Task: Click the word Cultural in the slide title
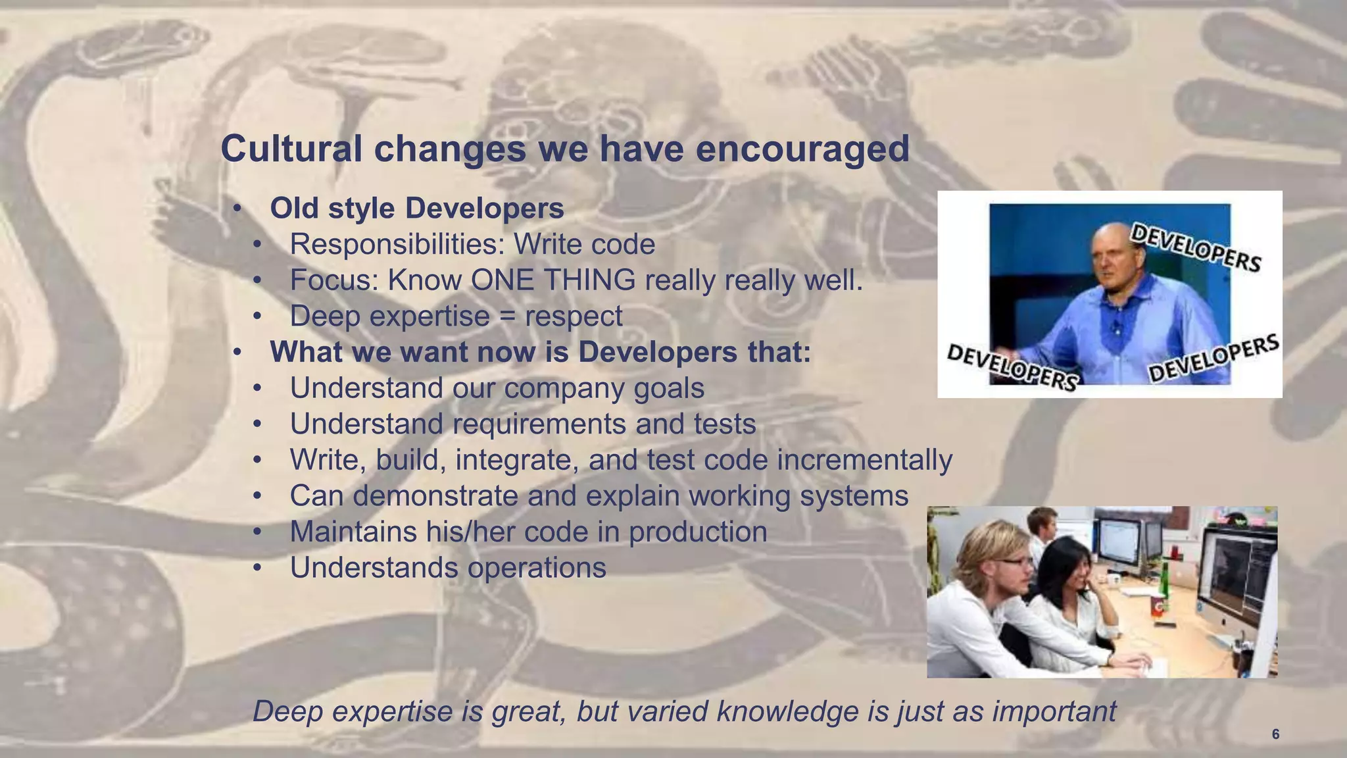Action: (291, 149)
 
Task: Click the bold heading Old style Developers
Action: (416, 209)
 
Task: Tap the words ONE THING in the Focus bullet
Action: (552, 280)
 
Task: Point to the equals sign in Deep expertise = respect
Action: (507, 316)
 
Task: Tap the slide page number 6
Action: (1275, 734)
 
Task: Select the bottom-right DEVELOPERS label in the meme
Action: (1213, 359)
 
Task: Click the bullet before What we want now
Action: (237, 353)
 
